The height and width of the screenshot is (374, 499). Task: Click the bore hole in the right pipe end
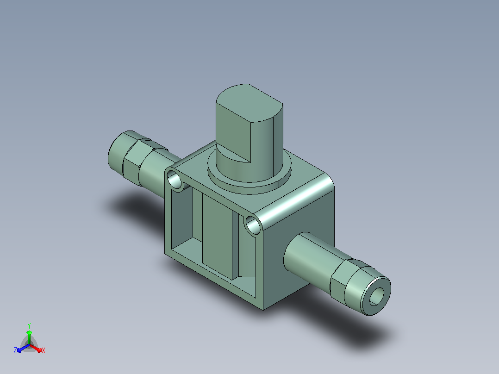pyautogui.click(x=376, y=296)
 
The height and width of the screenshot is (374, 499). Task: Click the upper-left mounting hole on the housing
pyautogui.click(x=174, y=180)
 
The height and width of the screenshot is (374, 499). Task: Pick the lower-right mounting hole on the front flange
pyautogui.click(x=253, y=224)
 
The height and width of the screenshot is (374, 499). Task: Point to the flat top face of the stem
pyautogui.click(x=249, y=102)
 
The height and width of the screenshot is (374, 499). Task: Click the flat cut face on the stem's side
pyautogui.click(x=233, y=134)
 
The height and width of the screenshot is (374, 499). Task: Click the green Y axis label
pyautogui.click(x=29, y=325)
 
